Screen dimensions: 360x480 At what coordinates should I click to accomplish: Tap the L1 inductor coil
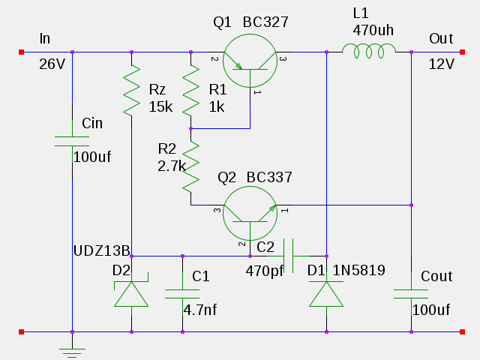coord(369,50)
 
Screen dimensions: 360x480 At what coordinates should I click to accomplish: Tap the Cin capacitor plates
coord(72,141)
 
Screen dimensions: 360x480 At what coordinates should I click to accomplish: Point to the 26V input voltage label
coord(52,64)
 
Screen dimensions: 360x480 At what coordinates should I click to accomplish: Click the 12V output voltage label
coord(441,64)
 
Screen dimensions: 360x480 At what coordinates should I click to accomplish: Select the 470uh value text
coord(373,31)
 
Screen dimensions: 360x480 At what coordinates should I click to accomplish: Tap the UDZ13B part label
coord(102,250)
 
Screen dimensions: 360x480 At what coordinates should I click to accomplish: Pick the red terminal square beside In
coord(21,52)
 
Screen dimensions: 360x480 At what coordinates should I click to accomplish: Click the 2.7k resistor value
coord(172,166)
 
